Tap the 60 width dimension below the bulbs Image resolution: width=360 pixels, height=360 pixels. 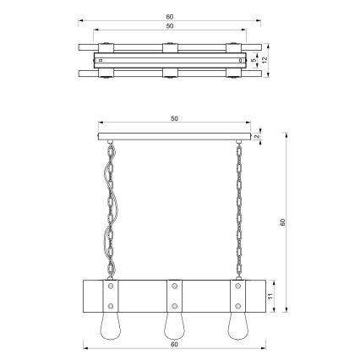174,345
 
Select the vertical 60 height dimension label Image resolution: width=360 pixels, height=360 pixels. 283,223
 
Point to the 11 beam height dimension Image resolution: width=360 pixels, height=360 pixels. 269,297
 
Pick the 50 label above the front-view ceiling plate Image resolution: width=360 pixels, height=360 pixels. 174,119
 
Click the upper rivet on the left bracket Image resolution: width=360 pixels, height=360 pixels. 109,286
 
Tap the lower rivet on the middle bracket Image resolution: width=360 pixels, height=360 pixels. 173,305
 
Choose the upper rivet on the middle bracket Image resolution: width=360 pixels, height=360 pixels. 173,286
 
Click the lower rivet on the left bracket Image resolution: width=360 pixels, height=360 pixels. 109,305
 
